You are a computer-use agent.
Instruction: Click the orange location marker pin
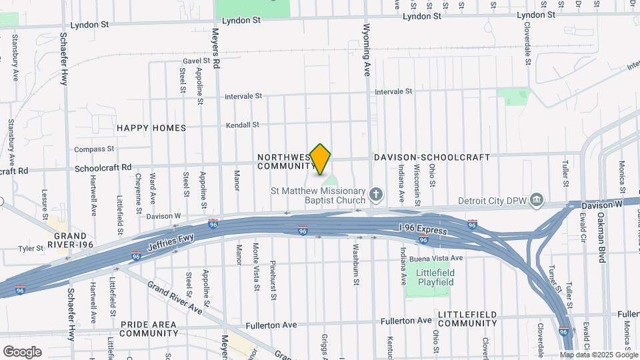[321, 159]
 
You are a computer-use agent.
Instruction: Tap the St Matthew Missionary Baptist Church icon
[376, 195]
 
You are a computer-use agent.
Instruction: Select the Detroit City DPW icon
[536, 200]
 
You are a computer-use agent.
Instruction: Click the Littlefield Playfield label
[435, 277]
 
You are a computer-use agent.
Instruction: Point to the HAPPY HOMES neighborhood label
[151, 128]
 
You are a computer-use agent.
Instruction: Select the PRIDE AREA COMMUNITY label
[149, 328]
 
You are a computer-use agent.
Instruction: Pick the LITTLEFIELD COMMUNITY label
[467, 319]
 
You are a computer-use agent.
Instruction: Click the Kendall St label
[241, 125]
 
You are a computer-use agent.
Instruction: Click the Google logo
[22, 352]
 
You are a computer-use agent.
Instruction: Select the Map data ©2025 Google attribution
[599, 355]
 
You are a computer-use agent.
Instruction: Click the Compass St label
[94, 149]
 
